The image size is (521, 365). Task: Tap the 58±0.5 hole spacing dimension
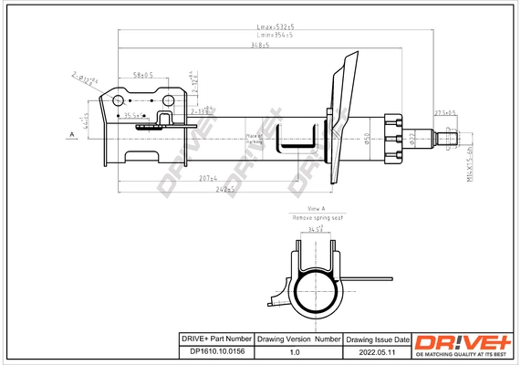click(142, 75)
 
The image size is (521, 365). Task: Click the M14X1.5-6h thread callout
click(472, 160)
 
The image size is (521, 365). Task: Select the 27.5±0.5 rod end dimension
click(444, 113)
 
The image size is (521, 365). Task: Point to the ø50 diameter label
click(367, 139)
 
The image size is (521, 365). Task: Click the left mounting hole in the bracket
click(120, 100)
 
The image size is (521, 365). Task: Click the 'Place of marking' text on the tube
click(255, 141)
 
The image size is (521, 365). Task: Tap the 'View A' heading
click(316, 209)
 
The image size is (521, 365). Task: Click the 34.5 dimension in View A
click(315, 232)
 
